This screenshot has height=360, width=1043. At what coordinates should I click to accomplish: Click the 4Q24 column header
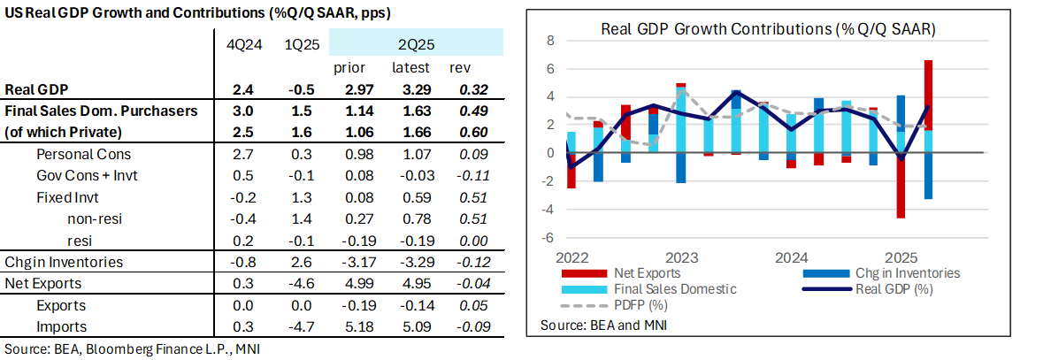(241, 43)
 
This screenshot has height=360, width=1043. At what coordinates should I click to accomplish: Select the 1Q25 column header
(297, 43)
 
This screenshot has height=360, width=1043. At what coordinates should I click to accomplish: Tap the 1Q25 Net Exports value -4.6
(297, 284)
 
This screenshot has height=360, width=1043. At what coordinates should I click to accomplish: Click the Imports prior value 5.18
(352, 327)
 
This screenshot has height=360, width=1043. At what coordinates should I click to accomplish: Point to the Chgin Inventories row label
(64, 262)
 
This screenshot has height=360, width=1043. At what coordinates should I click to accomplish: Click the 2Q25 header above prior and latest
(416, 43)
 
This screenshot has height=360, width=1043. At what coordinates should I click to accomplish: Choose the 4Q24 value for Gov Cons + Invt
(241, 176)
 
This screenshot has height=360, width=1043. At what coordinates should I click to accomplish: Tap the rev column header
(462, 68)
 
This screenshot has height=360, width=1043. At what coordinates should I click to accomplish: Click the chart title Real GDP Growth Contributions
(768, 27)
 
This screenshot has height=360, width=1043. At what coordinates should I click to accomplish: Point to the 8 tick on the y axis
(549, 41)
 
